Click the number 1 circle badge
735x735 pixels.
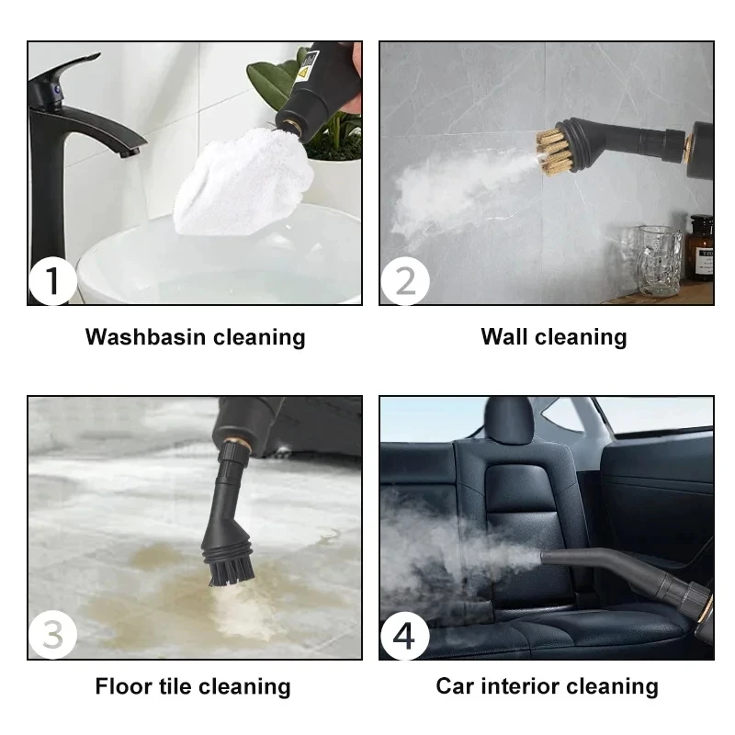click(51, 280)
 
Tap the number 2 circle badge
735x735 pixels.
click(404, 280)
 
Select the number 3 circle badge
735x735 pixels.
click(51, 635)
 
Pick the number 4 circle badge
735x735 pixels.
click(404, 635)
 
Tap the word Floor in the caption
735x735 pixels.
click(124, 686)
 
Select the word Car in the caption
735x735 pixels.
click(457, 686)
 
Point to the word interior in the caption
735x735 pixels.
click(520, 686)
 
